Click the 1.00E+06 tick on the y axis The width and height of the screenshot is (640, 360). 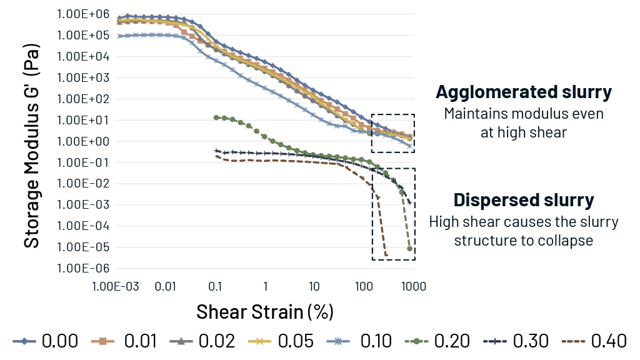point(82,14)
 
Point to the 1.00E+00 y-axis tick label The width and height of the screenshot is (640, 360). point(82,141)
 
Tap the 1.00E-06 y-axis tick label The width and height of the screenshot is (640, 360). point(82,268)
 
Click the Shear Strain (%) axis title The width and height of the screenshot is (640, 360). point(264,311)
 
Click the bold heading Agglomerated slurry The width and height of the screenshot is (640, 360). point(524,92)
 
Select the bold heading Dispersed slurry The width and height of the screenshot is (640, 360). point(524,200)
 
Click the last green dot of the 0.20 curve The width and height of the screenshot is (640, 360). point(410,249)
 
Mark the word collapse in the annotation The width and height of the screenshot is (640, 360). point(566,241)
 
